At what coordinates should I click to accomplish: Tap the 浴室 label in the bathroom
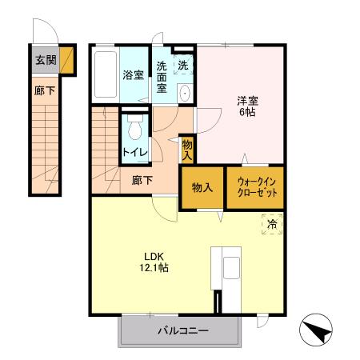coord(132,75)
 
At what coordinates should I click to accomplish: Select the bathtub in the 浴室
coord(105,75)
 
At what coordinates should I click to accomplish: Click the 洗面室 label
coord(162,78)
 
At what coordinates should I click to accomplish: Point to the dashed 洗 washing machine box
coord(183,64)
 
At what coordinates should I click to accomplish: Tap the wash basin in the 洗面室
coord(185,92)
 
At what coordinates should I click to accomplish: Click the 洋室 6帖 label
coord(246,106)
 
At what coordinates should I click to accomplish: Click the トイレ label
coord(133,151)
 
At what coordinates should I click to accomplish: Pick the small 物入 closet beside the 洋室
coord(187,148)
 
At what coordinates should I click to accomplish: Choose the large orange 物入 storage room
coord(202,188)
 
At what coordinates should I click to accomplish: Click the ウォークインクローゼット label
coord(255,188)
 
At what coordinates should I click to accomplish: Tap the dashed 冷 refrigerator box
coord(272,226)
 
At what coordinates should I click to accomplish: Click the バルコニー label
coord(182,330)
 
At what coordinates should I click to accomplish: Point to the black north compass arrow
coord(316,330)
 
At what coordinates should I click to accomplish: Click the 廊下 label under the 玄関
coord(44,91)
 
